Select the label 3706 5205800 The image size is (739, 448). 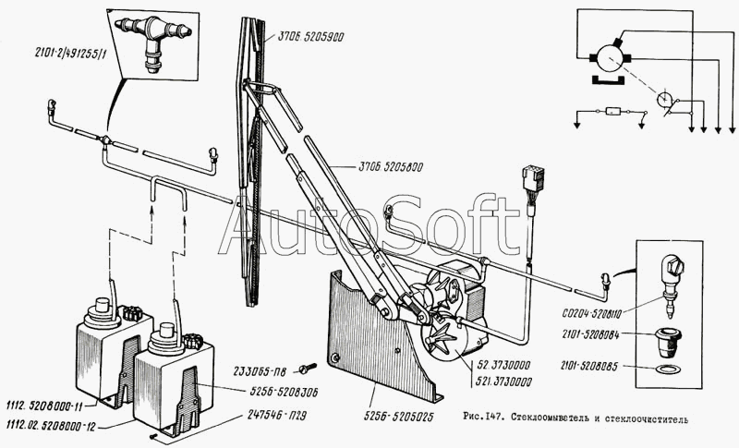pyautogui.click(x=389, y=167)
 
